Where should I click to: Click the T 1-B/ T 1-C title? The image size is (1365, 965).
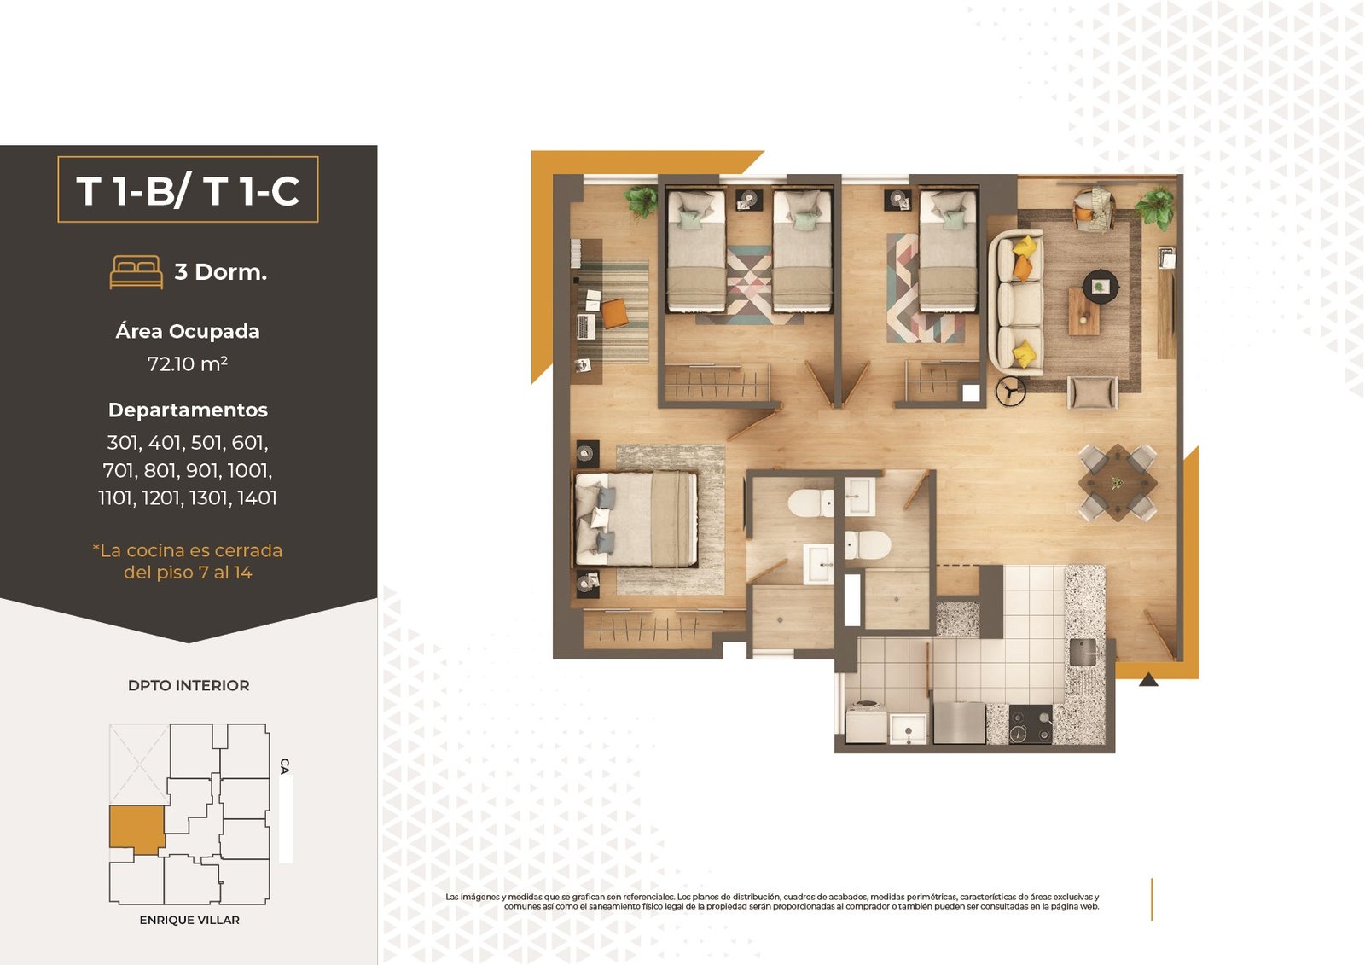pyautogui.click(x=188, y=190)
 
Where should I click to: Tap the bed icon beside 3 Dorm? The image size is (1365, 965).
pyautogui.click(x=136, y=272)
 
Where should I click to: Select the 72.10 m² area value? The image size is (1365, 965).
pyautogui.click(x=187, y=364)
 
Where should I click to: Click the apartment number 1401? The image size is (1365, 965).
pyautogui.click(x=257, y=498)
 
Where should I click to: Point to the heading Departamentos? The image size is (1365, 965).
pyautogui.click(x=188, y=410)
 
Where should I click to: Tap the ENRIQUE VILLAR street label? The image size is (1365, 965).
pyautogui.click(x=189, y=920)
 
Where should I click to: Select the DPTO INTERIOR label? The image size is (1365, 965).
pyautogui.click(x=189, y=685)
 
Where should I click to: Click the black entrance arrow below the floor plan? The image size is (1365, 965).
pyautogui.click(x=1148, y=679)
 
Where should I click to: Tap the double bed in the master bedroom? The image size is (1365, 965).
pyautogui.click(x=636, y=520)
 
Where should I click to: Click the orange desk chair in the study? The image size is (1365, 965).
pyautogui.click(x=614, y=313)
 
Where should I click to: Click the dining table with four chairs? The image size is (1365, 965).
pyautogui.click(x=1118, y=483)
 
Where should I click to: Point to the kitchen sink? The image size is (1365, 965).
pyautogui.click(x=1083, y=652)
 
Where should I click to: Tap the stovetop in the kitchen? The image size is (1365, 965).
pyautogui.click(x=1031, y=724)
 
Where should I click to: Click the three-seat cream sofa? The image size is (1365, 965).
pyautogui.click(x=1015, y=302)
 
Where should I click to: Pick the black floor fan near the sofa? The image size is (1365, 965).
pyautogui.click(x=1011, y=392)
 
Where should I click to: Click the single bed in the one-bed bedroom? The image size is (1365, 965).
pyautogui.click(x=948, y=251)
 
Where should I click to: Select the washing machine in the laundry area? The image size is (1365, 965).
pyautogui.click(x=866, y=723)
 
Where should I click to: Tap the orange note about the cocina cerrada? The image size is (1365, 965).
pyautogui.click(x=188, y=561)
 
